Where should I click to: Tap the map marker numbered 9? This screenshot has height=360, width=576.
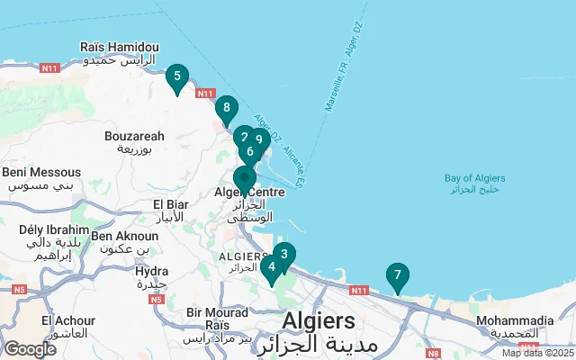259,139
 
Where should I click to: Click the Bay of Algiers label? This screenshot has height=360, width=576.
472,184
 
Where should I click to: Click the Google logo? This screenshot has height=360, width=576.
30,349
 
